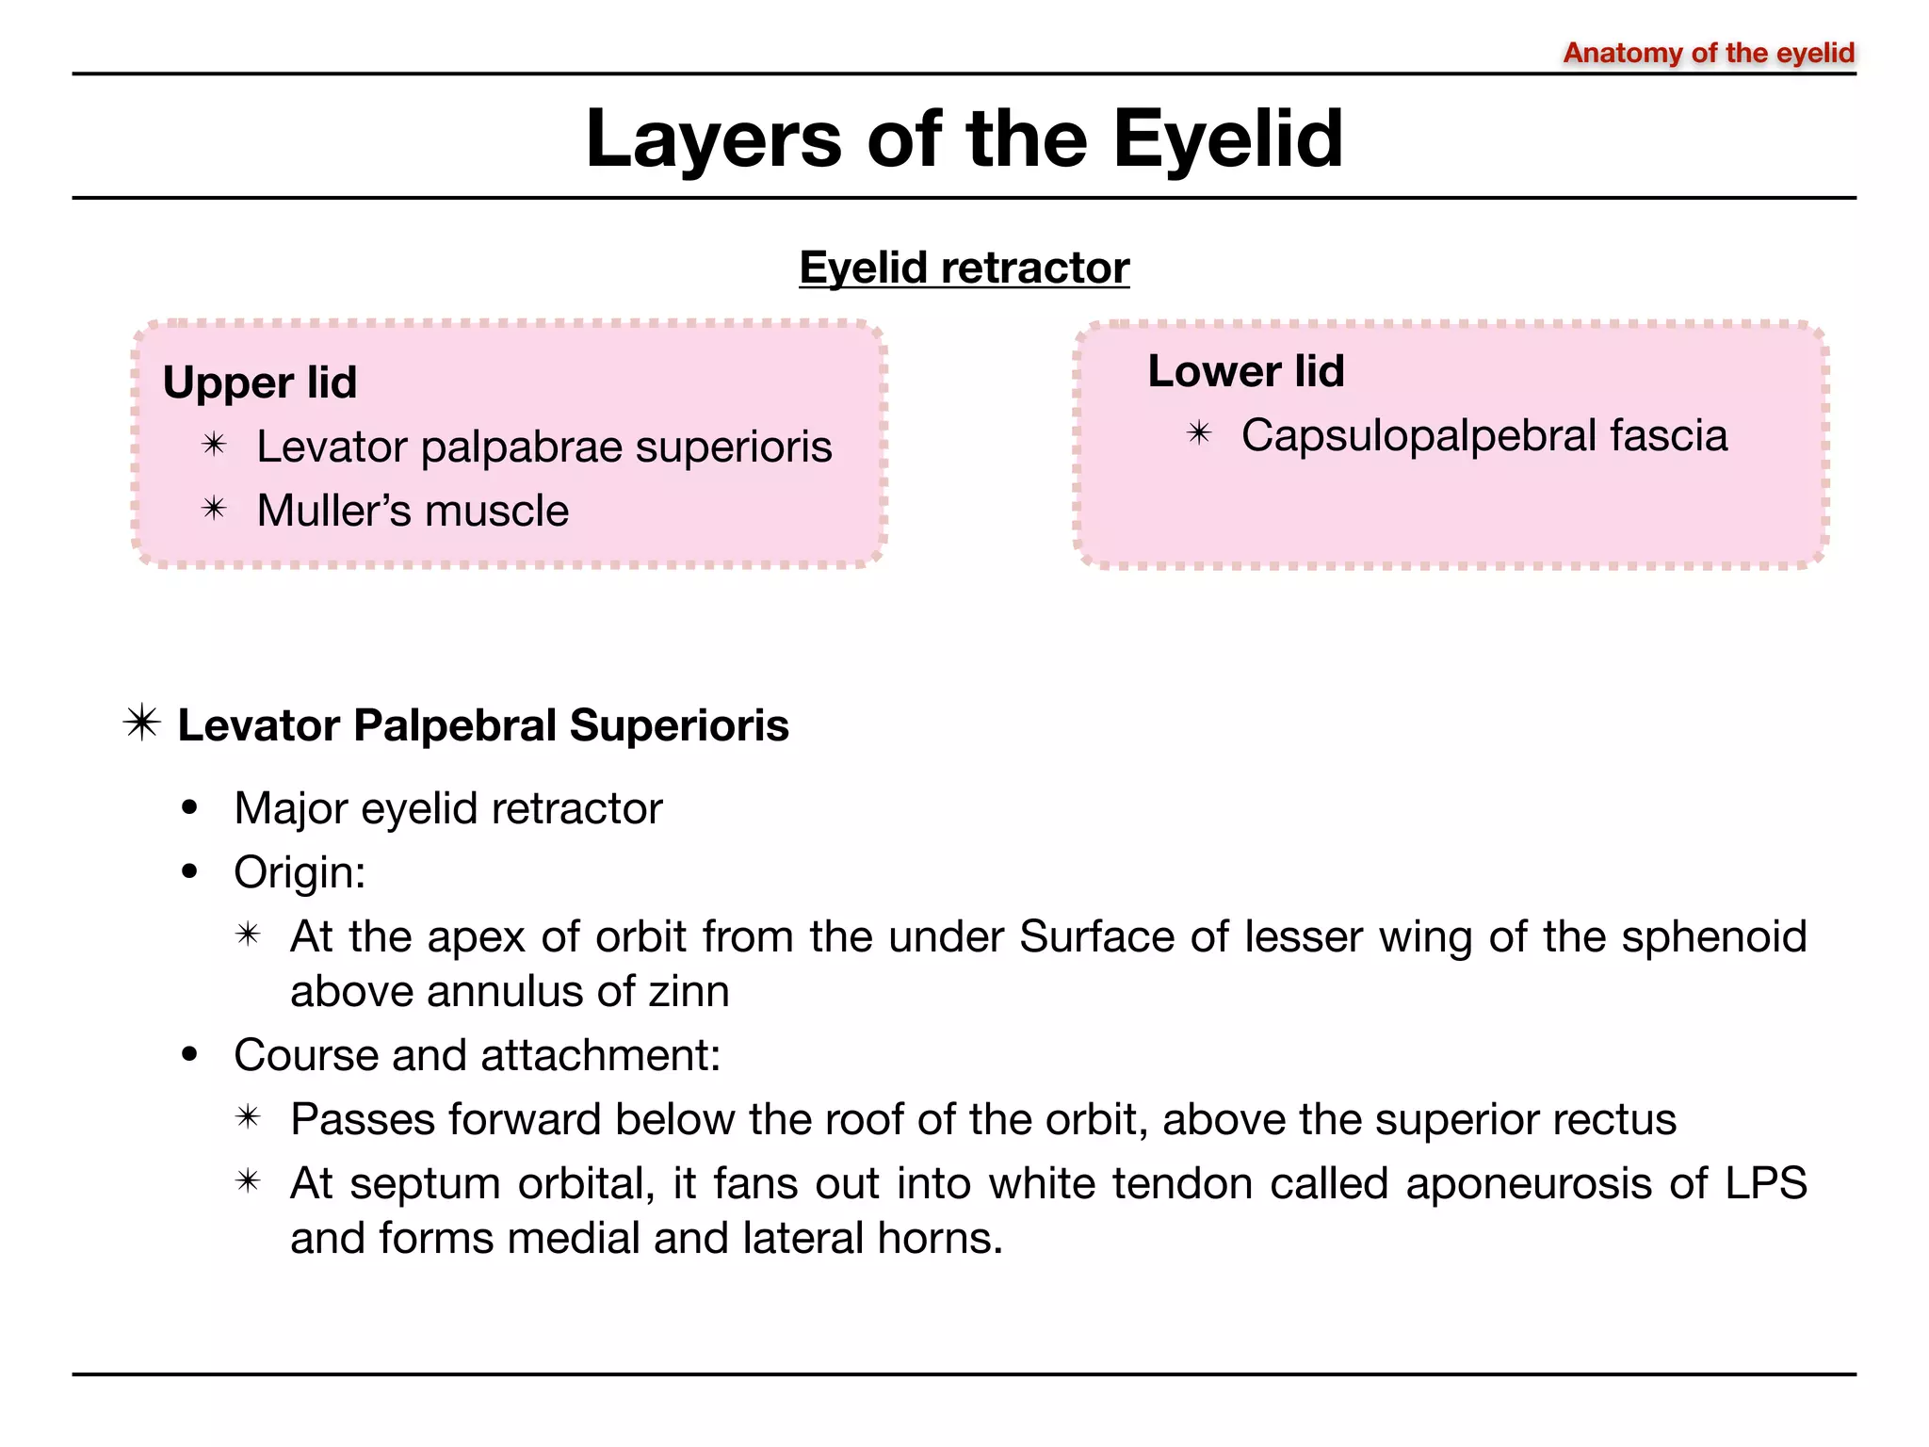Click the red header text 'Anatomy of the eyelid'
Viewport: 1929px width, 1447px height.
tap(1709, 53)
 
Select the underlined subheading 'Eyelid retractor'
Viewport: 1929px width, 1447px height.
tap(964, 268)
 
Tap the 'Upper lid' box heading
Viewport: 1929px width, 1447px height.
tap(260, 382)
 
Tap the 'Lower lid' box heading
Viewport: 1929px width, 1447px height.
tap(1245, 371)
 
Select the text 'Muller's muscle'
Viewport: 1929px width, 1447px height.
tap(413, 512)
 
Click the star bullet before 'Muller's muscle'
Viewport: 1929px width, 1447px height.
tap(215, 510)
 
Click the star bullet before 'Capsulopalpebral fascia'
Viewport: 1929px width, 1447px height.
tap(1199, 433)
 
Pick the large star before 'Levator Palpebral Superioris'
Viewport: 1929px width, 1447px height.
tap(142, 723)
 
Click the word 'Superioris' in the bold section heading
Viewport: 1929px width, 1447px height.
tap(679, 725)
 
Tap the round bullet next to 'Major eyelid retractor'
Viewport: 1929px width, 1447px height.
tap(191, 808)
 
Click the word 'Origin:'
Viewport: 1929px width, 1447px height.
tap(300, 872)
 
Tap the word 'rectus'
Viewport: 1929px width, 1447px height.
tap(1614, 1120)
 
